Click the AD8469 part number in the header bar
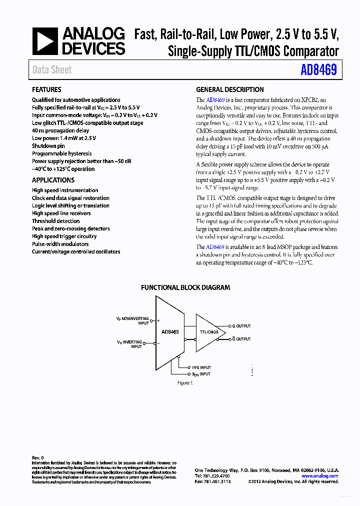click(318, 70)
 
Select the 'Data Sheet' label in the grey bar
click(52, 70)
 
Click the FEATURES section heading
click(46, 90)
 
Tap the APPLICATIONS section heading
click(53, 180)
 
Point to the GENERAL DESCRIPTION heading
click(229, 90)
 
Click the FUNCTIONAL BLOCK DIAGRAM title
click(185, 287)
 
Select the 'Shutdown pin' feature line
click(48, 146)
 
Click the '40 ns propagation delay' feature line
click(60, 130)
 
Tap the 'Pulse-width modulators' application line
click(60, 244)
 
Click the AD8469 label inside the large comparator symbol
click(170, 331)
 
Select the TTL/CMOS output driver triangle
click(208, 332)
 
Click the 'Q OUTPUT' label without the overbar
click(241, 325)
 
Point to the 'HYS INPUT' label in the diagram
click(201, 367)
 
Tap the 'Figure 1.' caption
click(185, 383)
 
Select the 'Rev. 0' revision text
click(38, 457)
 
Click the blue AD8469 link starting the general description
click(214, 100)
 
